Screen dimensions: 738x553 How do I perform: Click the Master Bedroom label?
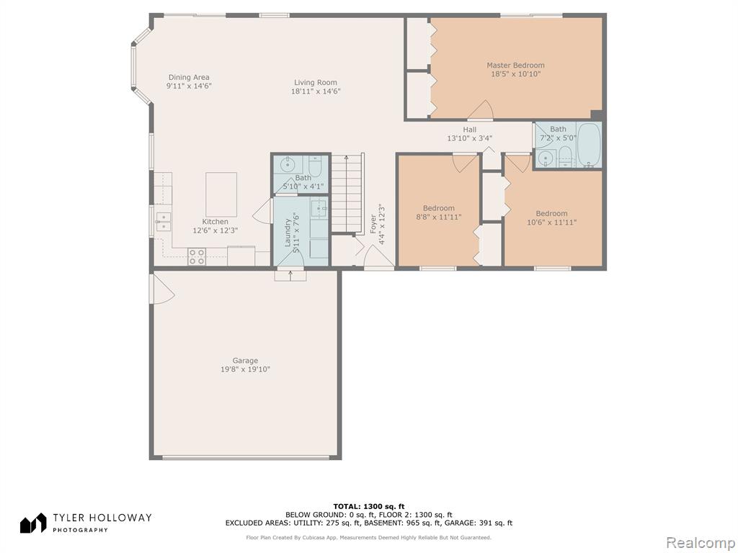[515, 66]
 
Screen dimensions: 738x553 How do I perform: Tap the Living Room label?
[316, 82]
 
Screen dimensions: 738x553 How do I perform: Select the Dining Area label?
[189, 77]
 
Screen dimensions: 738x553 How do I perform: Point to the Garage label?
[245, 361]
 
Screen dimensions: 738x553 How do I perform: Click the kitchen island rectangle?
[221, 194]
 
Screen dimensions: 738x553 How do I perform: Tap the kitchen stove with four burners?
[197, 256]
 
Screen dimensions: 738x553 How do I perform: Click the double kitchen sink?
[163, 221]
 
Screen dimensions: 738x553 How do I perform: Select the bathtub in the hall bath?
[589, 144]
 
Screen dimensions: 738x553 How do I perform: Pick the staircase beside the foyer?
[347, 194]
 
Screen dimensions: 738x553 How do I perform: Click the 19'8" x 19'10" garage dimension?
[245, 369]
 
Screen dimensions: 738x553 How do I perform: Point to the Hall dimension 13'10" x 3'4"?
[469, 138]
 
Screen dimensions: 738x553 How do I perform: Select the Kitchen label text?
[215, 222]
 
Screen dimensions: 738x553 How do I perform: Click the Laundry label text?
[288, 233]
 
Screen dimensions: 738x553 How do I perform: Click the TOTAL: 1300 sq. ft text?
[369, 506]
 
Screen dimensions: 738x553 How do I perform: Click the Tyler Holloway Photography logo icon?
[33, 523]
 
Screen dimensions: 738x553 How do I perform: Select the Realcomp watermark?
[699, 543]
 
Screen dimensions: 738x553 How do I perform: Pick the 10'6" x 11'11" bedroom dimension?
[551, 222]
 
